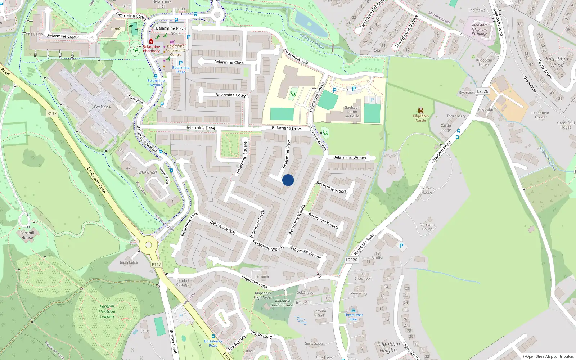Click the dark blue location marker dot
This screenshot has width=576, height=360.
point(288,180)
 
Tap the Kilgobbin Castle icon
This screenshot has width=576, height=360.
point(420,110)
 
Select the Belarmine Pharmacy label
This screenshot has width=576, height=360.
point(151,49)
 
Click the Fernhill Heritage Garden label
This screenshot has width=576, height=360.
point(107,311)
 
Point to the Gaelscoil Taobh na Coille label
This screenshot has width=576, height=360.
point(352,112)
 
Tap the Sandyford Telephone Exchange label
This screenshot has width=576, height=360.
point(479,30)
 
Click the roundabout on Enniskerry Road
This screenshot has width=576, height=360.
point(148,245)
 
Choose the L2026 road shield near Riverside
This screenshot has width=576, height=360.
point(483,91)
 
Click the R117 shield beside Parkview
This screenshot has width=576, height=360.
point(52,113)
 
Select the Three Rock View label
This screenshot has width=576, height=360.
point(353,317)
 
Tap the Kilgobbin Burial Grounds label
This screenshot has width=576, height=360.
point(283,303)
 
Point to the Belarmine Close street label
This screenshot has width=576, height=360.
point(229,62)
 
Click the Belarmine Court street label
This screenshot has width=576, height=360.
point(230,95)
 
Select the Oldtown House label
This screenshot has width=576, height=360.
point(427,190)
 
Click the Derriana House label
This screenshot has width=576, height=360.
point(427,227)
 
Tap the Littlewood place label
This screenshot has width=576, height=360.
point(147,172)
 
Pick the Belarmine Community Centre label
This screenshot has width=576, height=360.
point(176,50)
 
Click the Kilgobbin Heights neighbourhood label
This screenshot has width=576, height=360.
point(388,347)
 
